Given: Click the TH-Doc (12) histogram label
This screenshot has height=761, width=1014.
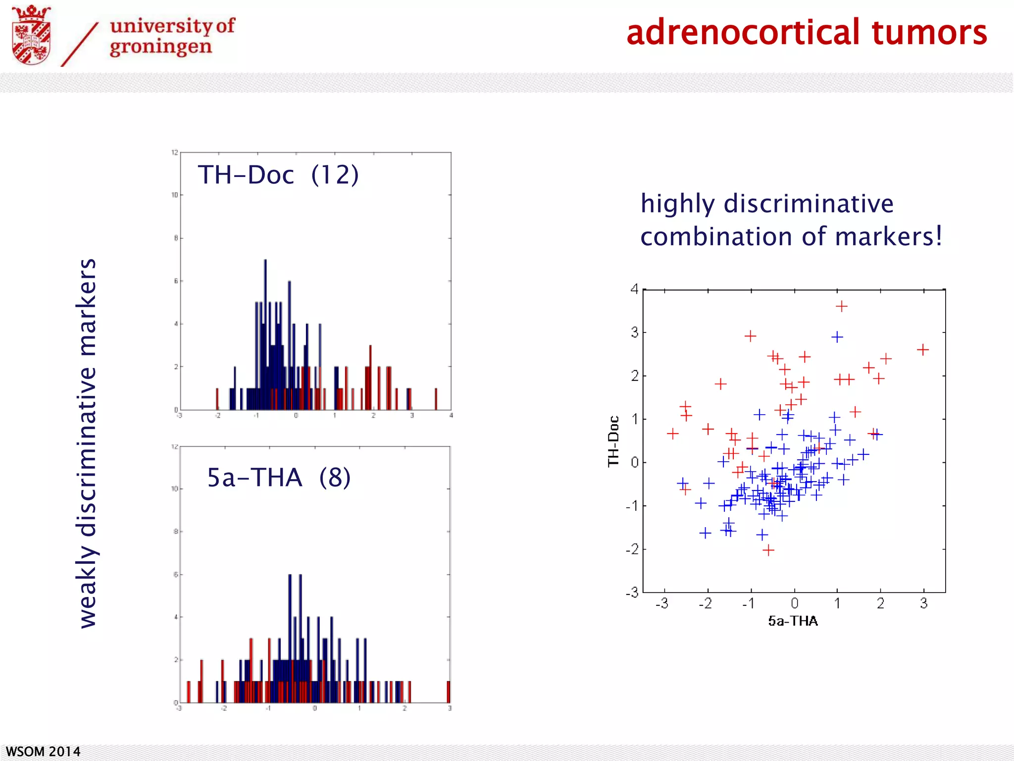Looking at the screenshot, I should (x=278, y=175).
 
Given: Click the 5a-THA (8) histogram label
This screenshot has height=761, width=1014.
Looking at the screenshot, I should (x=279, y=478).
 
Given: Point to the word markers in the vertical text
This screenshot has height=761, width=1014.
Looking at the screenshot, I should (x=87, y=307).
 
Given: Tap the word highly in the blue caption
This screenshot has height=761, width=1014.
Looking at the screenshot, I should (x=677, y=204).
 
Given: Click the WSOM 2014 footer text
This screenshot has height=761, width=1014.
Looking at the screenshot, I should (x=43, y=752).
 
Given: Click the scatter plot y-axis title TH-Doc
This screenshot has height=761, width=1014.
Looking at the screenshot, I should (x=613, y=441).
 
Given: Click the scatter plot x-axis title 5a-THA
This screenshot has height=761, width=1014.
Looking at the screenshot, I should (x=793, y=621).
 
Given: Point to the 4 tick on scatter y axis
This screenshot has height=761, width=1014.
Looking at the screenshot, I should (x=634, y=289).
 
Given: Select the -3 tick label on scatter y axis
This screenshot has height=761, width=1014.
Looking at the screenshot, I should (x=632, y=593).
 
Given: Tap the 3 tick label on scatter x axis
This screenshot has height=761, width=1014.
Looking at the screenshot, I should (x=923, y=603).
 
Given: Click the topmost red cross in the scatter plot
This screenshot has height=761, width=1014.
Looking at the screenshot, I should (x=841, y=307).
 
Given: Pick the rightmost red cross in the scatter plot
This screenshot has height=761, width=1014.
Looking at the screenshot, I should (x=922, y=350).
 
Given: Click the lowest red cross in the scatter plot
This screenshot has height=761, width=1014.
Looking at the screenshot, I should (x=768, y=550).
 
